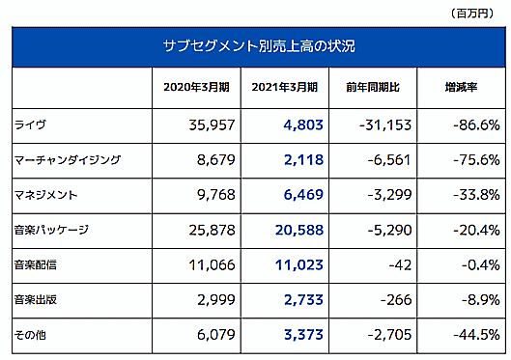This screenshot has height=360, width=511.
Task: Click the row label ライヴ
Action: coord(31,125)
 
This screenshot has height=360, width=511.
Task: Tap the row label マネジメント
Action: coord(45,194)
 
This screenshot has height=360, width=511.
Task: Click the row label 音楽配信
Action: coord(38,264)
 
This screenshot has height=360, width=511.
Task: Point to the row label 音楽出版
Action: coord(38,299)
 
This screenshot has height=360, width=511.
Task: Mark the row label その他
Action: coord(33,334)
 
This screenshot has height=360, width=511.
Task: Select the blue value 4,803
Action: coord(298,125)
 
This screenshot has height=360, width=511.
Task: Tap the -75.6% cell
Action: coord(473,159)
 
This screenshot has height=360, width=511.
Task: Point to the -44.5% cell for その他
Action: coord(473,334)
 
